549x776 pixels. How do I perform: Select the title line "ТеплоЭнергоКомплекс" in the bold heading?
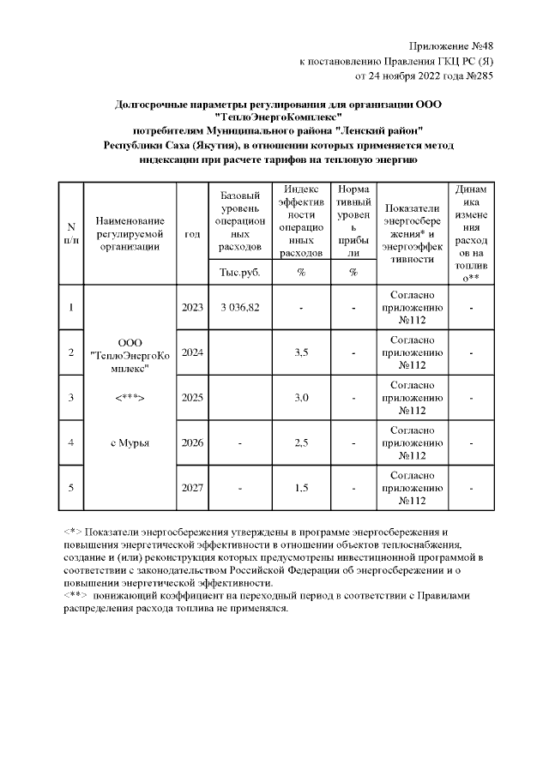(279, 117)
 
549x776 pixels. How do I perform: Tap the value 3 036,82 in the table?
(239, 307)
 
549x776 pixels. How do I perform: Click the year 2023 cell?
(192, 307)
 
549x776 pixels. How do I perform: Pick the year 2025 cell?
(192, 397)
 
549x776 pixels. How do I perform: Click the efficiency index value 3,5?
(301, 352)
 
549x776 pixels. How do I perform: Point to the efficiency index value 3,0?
(301, 397)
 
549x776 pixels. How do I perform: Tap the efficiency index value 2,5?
(301, 442)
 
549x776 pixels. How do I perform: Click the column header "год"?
(192, 233)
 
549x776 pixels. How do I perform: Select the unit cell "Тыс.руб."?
(239, 273)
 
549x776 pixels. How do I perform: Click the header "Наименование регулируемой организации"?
(129, 233)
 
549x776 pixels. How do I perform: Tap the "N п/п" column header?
(70, 233)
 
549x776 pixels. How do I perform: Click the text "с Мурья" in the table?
(130, 442)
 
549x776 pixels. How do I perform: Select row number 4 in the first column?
(70, 442)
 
